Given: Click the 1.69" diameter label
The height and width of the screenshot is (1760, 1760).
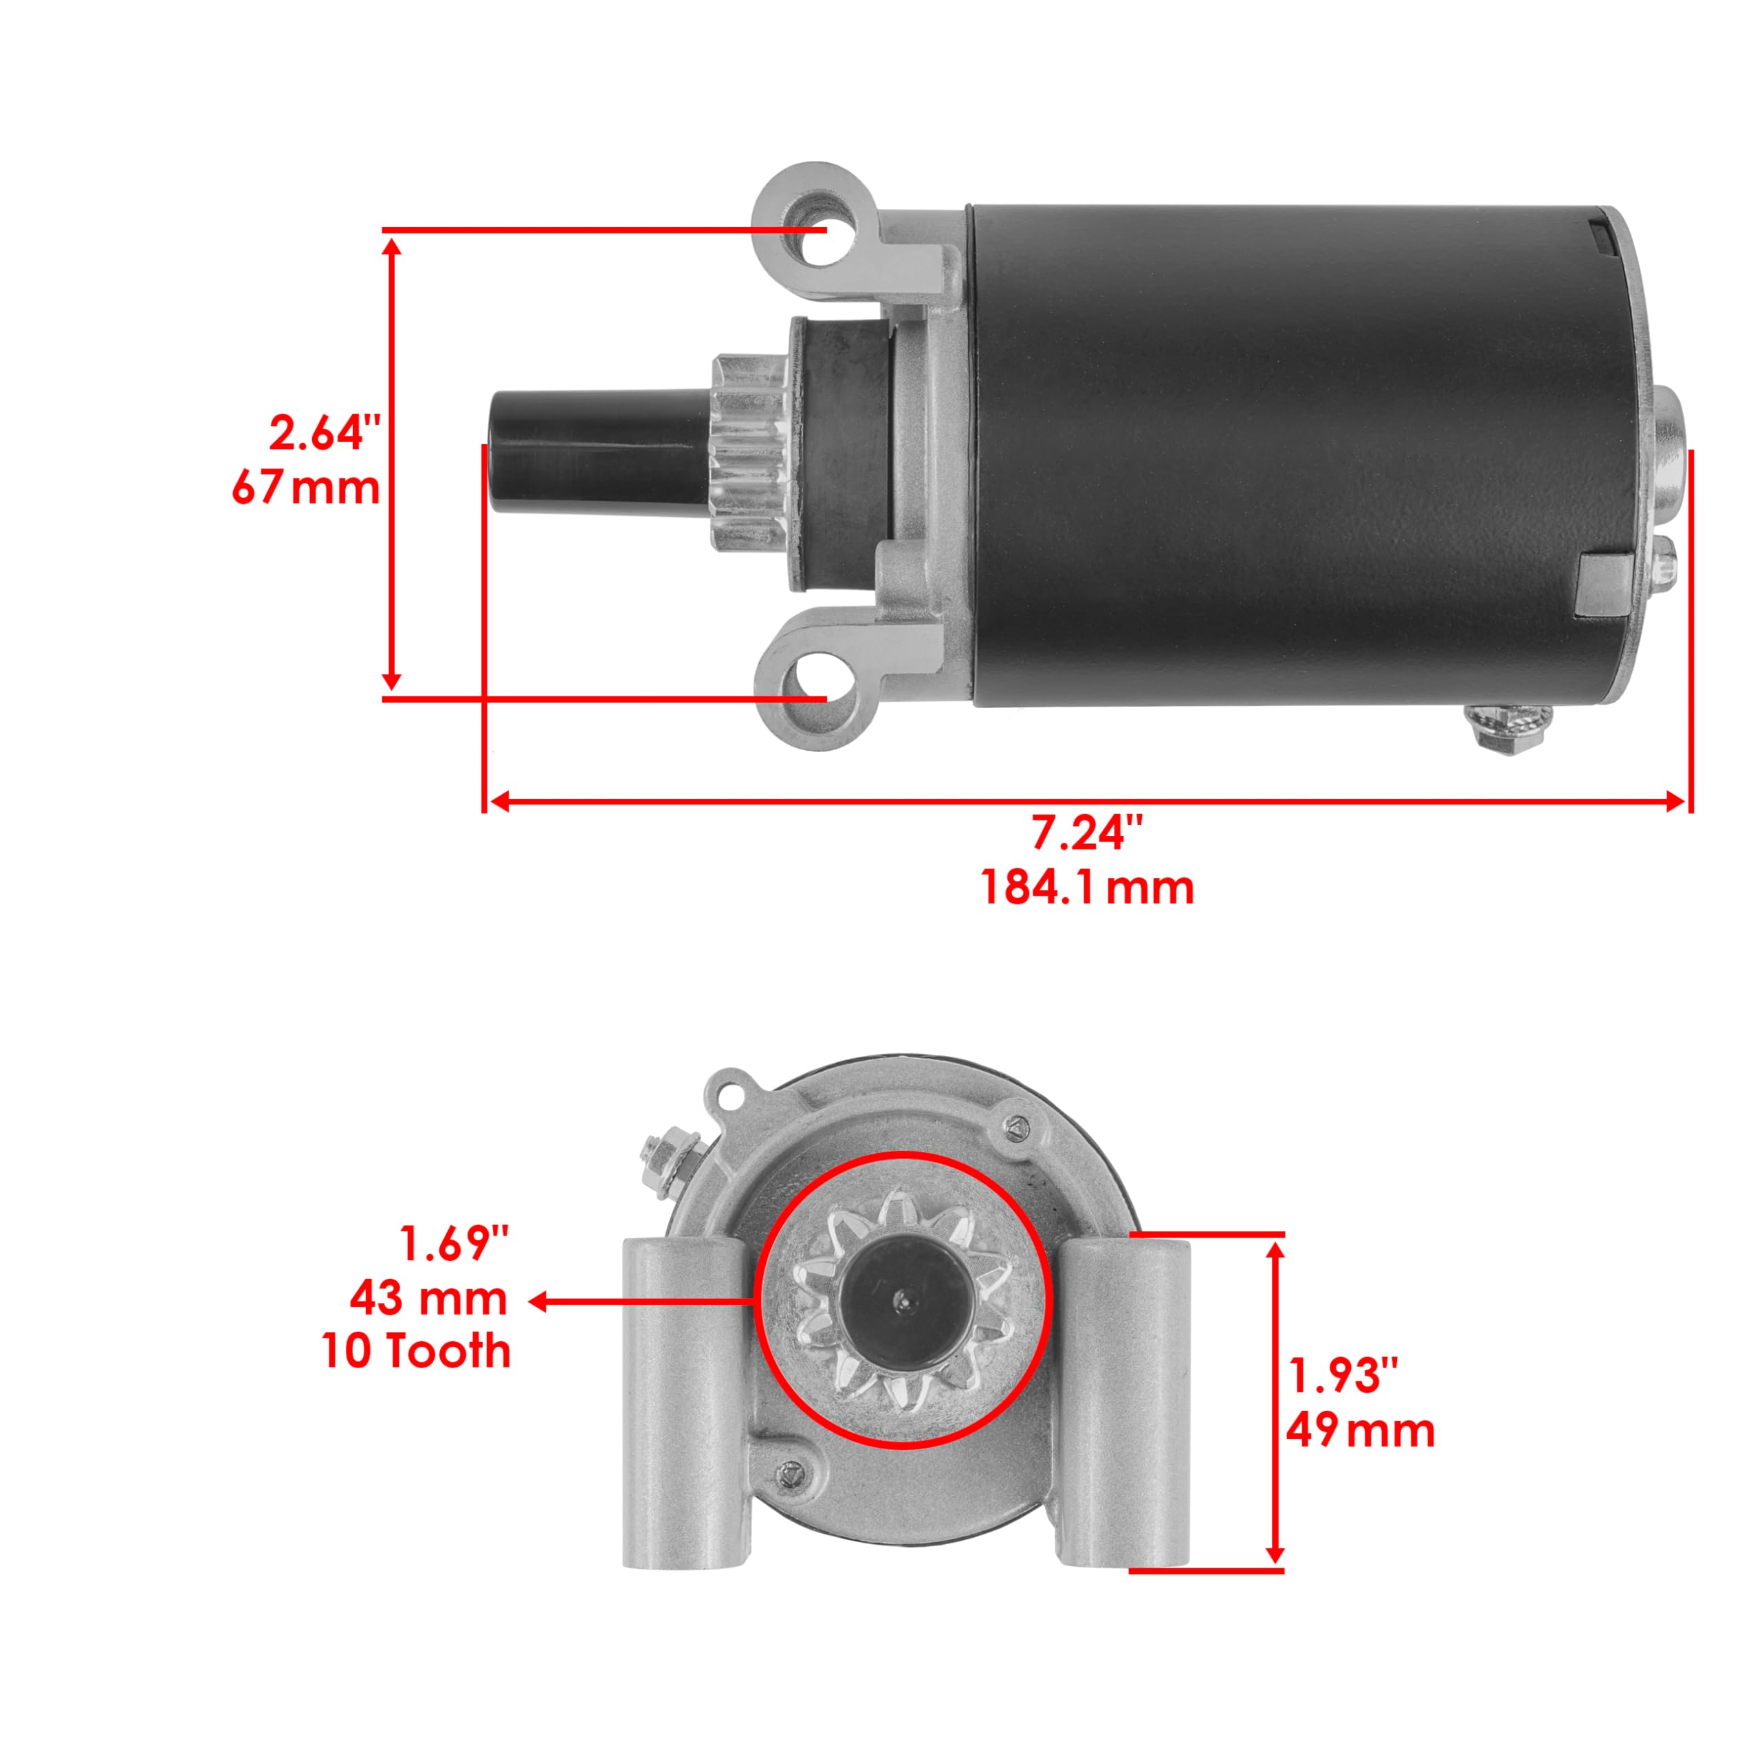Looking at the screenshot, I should click(x=454, y=1244).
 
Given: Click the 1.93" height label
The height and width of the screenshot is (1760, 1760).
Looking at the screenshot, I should click(x=1343, y=1376).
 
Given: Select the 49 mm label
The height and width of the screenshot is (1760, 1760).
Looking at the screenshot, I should click(x=1360, y=1429).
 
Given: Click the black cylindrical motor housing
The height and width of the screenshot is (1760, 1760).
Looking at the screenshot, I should click(x=1275, y=456).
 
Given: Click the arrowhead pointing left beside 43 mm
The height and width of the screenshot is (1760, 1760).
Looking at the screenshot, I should click(x=538, y=1301).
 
